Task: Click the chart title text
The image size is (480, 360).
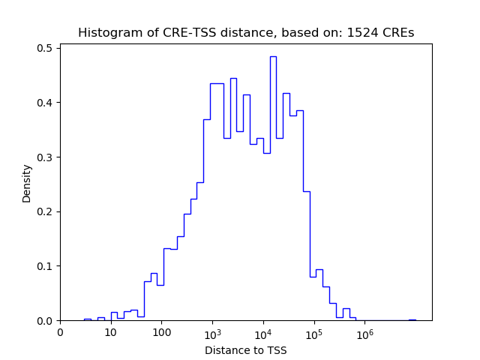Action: pos(246,33)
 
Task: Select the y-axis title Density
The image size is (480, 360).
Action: pos(27,184)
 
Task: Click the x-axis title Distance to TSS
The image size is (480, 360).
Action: pos(246,350)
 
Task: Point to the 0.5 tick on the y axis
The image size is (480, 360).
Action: pos(44,48)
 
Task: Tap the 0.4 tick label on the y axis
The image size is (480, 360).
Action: pos(44,103)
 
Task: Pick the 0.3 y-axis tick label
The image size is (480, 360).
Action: pos(44,157)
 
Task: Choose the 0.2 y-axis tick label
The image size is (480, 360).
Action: pos(44,211)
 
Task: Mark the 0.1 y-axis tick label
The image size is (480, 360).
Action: pos(44,266)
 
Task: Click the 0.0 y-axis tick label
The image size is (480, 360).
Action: pos(44,321)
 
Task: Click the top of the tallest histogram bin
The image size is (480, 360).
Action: pos(273,57)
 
